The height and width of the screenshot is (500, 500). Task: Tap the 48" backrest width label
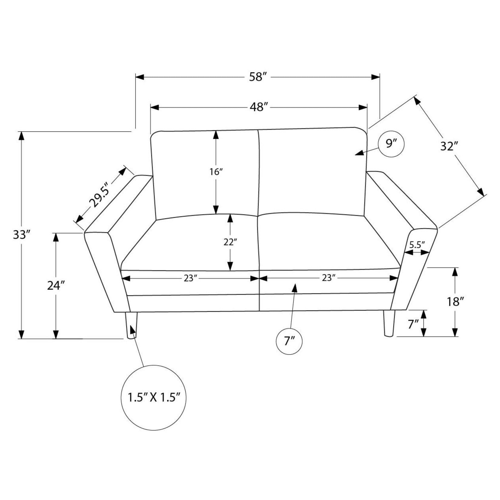click(259, 107)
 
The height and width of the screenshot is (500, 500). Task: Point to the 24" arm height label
click(56, 285)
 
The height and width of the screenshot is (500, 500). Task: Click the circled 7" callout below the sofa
click(289, 341)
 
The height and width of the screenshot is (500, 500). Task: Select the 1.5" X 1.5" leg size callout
click(154, 397)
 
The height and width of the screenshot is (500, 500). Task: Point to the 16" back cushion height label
click(216, 172)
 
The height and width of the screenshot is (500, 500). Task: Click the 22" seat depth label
click(230, 242)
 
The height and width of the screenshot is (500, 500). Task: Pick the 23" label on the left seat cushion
click(190, 278)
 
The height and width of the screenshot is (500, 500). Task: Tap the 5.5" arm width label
click(417, 245)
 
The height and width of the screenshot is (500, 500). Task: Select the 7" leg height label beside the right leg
click(413, 324)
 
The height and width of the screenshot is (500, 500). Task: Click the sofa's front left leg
click(131, 325)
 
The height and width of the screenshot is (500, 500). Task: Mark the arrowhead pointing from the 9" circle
click(359, 153)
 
